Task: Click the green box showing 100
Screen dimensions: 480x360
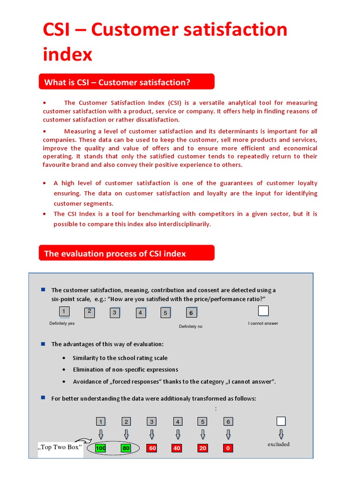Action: [x=100, y=448]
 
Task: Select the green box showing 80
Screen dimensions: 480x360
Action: [x=126, y=448]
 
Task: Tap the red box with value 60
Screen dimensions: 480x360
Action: [x=152, y=448]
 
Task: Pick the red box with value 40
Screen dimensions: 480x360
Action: [x=177, y=448]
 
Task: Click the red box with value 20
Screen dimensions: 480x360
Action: [x=202, y=448]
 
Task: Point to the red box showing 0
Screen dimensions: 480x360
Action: [x=228, y=448]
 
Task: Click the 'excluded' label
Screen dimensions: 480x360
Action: [x=278, y=444]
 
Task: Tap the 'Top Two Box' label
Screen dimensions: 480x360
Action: [x=59, y=447]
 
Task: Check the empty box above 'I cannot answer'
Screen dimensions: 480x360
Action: [x=263, y=311]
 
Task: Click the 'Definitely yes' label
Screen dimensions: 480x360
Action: [x=62, y=323]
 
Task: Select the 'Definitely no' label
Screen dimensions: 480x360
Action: [x=191, y=326]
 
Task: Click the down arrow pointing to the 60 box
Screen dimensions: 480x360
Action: [x=151, y=434]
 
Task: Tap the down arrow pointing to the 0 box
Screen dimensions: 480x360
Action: [x=228, y=434]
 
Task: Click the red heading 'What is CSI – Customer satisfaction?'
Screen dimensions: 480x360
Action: [x=117, y=82]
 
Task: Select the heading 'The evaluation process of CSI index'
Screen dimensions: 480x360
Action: [x=115, y=254]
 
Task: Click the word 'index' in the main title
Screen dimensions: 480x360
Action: [x=67, y=54]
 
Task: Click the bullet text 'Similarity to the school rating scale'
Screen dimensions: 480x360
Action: [x=120, y=358]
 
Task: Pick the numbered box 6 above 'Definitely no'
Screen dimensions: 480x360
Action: [x=191, y=313]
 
